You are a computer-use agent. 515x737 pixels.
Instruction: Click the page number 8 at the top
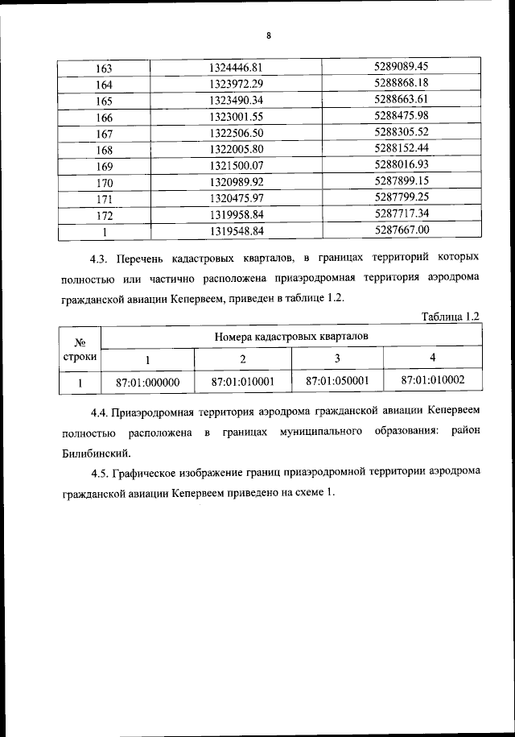tap(269, 35)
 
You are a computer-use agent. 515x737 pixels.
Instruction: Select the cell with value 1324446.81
tap(236, 66)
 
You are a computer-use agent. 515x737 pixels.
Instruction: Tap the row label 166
tap(104, 117)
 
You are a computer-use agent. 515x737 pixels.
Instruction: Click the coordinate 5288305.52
tap(402, 132)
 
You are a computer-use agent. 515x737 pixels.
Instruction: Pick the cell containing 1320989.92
tap(236, 182)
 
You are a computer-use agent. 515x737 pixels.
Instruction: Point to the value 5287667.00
tap(402, 230)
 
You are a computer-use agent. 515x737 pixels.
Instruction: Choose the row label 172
tap(104, 215)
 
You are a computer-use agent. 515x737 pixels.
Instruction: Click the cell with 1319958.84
tap(236, 215)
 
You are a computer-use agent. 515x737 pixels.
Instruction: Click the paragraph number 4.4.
tap(100, 413)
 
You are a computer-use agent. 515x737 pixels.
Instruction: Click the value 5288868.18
tap(402, 83)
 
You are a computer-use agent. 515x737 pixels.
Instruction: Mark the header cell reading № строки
tap(80, 348)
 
